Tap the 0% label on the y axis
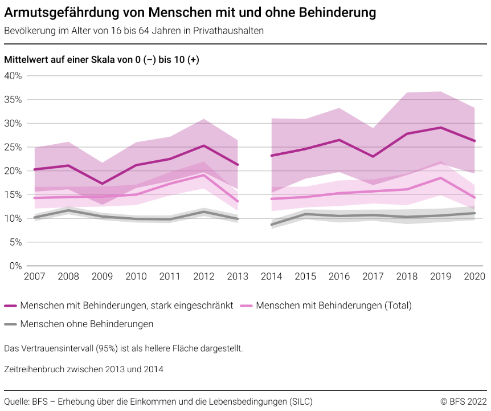15,266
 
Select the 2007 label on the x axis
34,277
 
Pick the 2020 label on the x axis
474,277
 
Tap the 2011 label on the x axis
170,277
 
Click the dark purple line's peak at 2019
440,128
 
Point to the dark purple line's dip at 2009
102,184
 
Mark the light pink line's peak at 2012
203,175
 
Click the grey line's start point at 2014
271,225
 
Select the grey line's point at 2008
68,210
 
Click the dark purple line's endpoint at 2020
474,141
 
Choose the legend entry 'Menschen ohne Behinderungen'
87,324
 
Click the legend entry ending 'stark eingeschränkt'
126,306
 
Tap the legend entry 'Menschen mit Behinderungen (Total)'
333,306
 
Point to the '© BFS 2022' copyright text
463,401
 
